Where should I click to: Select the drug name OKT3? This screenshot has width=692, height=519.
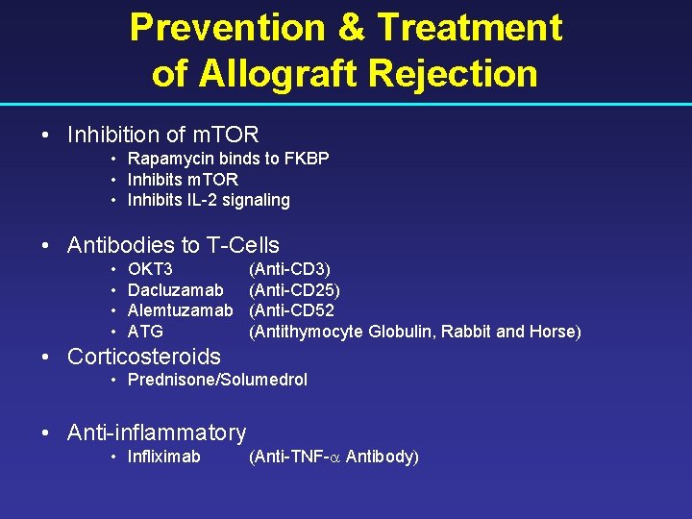pos(150,268)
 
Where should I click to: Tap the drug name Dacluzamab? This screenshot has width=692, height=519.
pos(175,289)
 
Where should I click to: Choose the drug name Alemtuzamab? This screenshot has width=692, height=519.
pos(180,310)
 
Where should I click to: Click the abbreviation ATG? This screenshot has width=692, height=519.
pos(145,332)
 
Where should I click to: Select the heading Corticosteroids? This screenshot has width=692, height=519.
pos(144,357)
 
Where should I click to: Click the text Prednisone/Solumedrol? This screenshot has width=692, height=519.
pos(217,380)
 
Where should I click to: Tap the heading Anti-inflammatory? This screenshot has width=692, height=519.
pos(157,433)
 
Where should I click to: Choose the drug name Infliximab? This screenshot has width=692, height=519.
pos(164,457)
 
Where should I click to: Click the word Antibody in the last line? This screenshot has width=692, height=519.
pos(380,457)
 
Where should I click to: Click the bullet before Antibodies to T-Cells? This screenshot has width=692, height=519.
pos(46,246)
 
